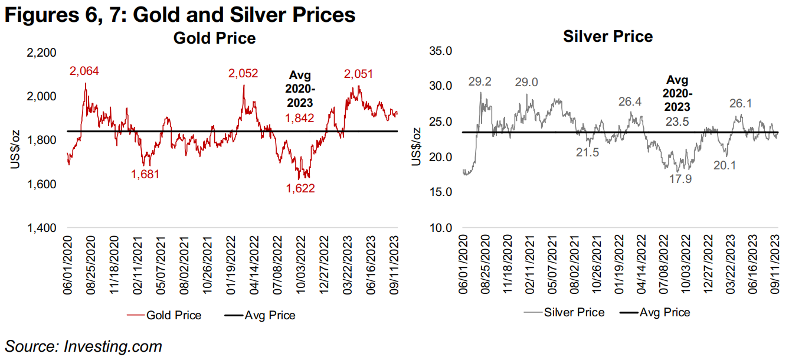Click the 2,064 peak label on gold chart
pyautogui.click(x=84, y=71)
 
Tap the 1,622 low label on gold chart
pyautogui.click(x=300, y=189)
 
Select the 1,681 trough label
pyautogui.click(x=146, y=174)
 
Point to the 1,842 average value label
pyautogui.click(x=300, y=119)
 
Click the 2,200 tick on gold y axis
pyautogui.click(x=42, y=53)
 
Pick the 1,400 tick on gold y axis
pyautogui.click(x=42, y=228)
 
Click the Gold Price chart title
pyautogui.click(x=214, y=38)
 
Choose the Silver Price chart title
pyautogui.click(x=608, y=37)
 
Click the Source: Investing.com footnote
pyautogui.click(x=83, y=346)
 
